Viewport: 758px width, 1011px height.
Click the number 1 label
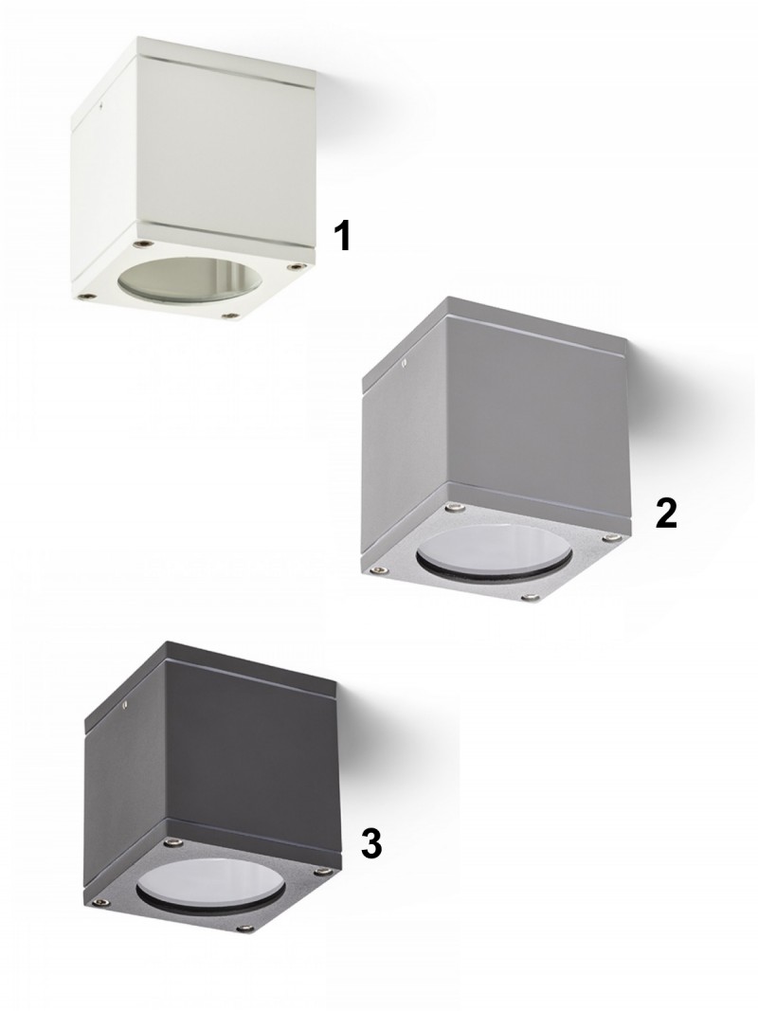tap(345, 235)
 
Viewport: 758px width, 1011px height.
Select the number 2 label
tap(666, 514)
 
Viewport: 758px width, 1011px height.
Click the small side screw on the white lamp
tap(102, 102)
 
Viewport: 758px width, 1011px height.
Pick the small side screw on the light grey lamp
tap(404, 362)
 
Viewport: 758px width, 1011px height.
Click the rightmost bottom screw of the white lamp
tap(295, 265)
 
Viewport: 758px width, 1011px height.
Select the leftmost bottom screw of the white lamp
tap(85, 296)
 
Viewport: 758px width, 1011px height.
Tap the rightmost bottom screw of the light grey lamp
tap(611, 535)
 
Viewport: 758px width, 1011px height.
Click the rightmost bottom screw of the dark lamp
tap(319, 874)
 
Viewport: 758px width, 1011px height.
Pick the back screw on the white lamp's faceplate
tap(142, 244)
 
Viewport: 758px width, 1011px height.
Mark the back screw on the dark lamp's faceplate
tap(171, 841)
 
